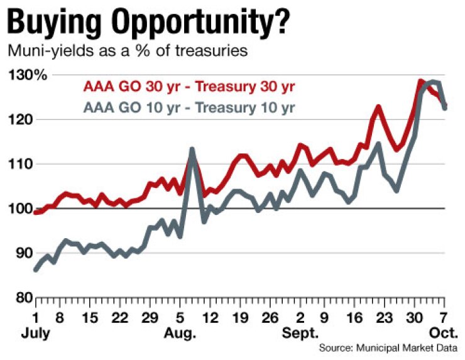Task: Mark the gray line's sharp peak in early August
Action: pos(192,150)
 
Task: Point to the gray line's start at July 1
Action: pos(36,270)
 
